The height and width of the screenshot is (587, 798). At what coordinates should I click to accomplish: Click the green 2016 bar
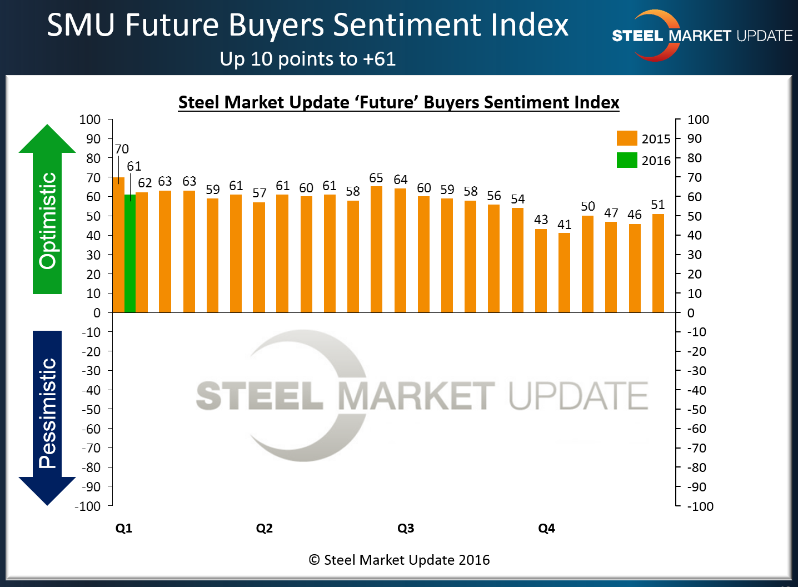click(x=129, y=253)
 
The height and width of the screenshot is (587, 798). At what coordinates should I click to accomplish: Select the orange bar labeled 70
click(x=118, y=245)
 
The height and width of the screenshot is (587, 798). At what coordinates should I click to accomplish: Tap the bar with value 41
click(x=564, y=272)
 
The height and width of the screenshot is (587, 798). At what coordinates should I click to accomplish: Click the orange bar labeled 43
click(x=541, y=271)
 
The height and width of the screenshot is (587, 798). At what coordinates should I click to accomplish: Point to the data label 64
click(x=401, y=180)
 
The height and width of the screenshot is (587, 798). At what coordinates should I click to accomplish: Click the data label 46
click(x=635, y=215)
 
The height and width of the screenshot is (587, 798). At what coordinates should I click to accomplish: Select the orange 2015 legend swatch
click(x=627, y=138)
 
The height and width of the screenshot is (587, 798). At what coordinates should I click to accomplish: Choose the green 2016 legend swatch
click(x=627, y=160)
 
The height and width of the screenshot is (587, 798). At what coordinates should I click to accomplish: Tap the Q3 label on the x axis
click(x=406, y=528)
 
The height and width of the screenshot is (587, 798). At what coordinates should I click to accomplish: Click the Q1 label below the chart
click(x=124, y=528)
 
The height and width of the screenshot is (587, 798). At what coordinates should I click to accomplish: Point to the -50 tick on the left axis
click(x=91, y=409)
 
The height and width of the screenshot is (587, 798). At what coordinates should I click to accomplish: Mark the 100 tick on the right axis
click(x=698, y=120)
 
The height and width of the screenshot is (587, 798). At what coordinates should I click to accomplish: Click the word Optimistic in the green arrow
click(x=48, y=221)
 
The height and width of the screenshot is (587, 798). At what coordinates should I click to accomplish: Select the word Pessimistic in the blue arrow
click(x=48, y=412)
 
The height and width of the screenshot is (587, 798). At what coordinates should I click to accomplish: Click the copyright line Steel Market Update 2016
click(x=400, y=560)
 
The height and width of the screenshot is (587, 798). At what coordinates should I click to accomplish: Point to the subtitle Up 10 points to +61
click(x=308, y=59)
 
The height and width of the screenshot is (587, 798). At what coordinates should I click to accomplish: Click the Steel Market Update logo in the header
click(x=701, y=36)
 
